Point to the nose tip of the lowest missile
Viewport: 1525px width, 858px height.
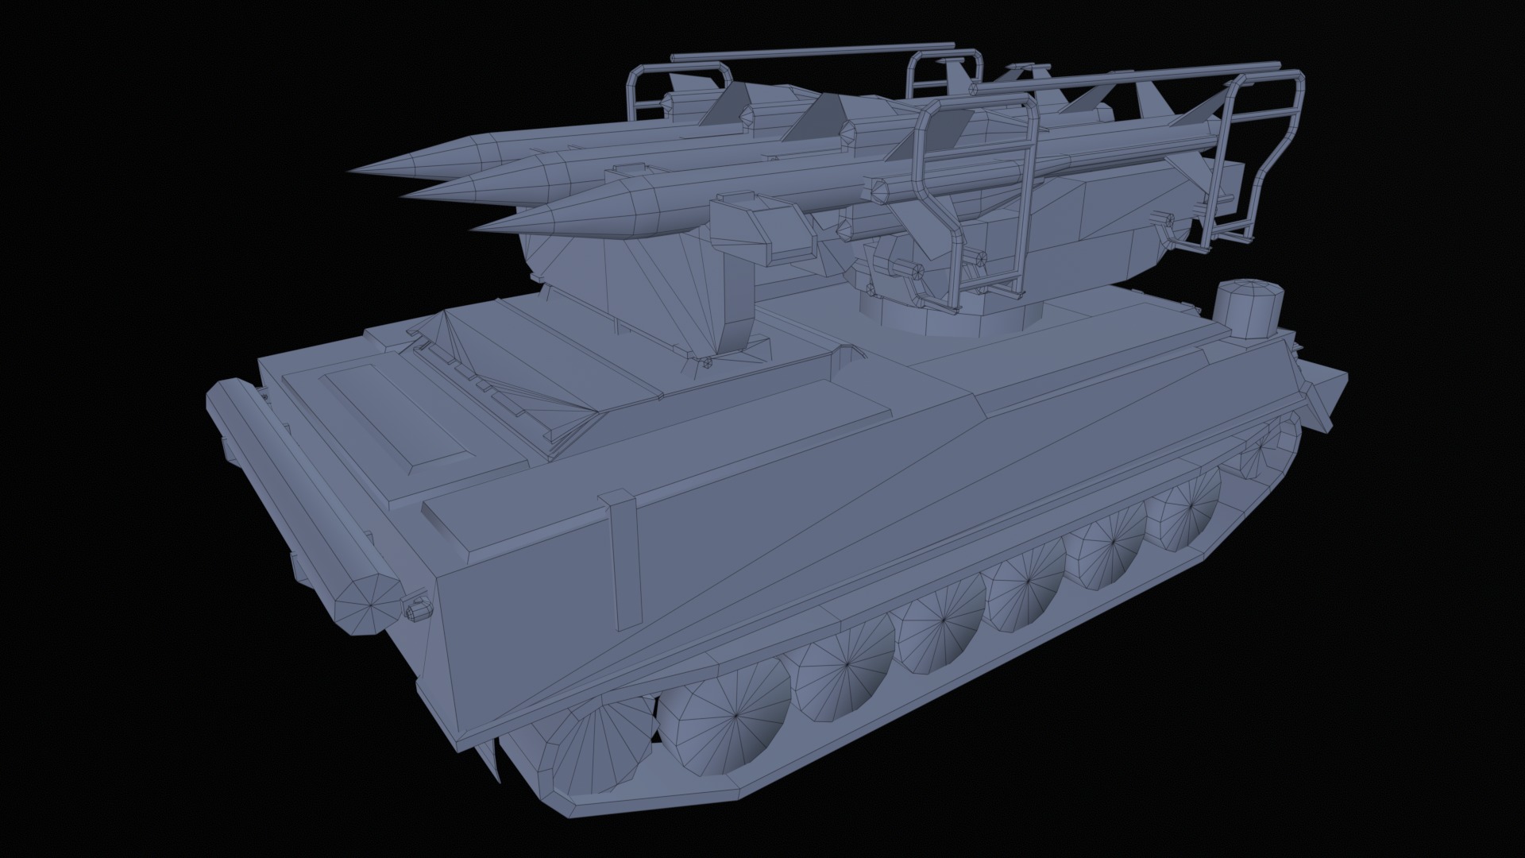[x=473, y=231]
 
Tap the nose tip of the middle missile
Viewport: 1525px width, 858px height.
[x=402, y=195]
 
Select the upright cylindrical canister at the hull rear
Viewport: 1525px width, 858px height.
[x=1249, y=303]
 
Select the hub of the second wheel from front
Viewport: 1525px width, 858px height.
[x=735, y=716]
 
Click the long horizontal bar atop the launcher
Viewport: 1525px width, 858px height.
[x=810, y=53]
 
